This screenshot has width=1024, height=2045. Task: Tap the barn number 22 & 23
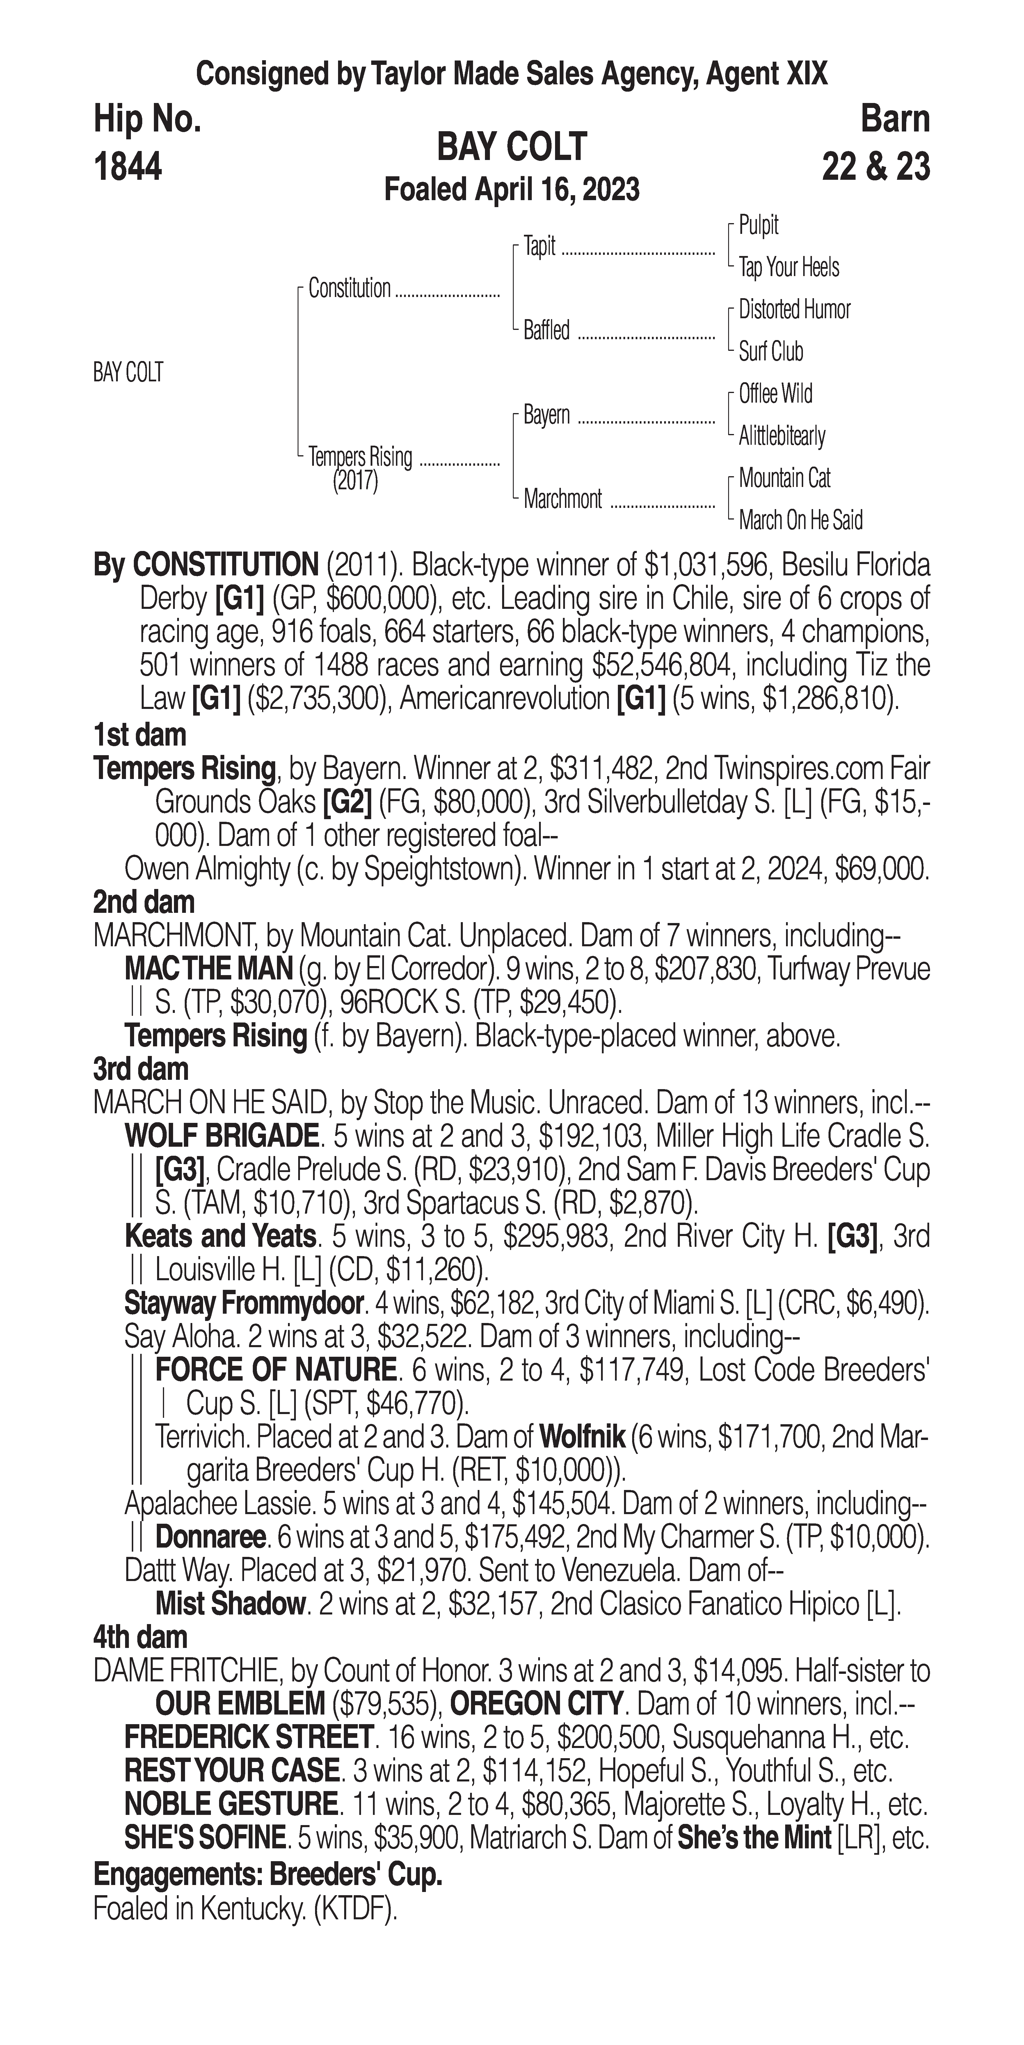tap(876, 168)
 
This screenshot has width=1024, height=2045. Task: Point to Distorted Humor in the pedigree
tap(794, 310)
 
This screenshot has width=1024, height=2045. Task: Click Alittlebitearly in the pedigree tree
tap(782, 436)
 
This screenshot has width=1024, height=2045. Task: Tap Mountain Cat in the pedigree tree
tap(784, 478)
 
